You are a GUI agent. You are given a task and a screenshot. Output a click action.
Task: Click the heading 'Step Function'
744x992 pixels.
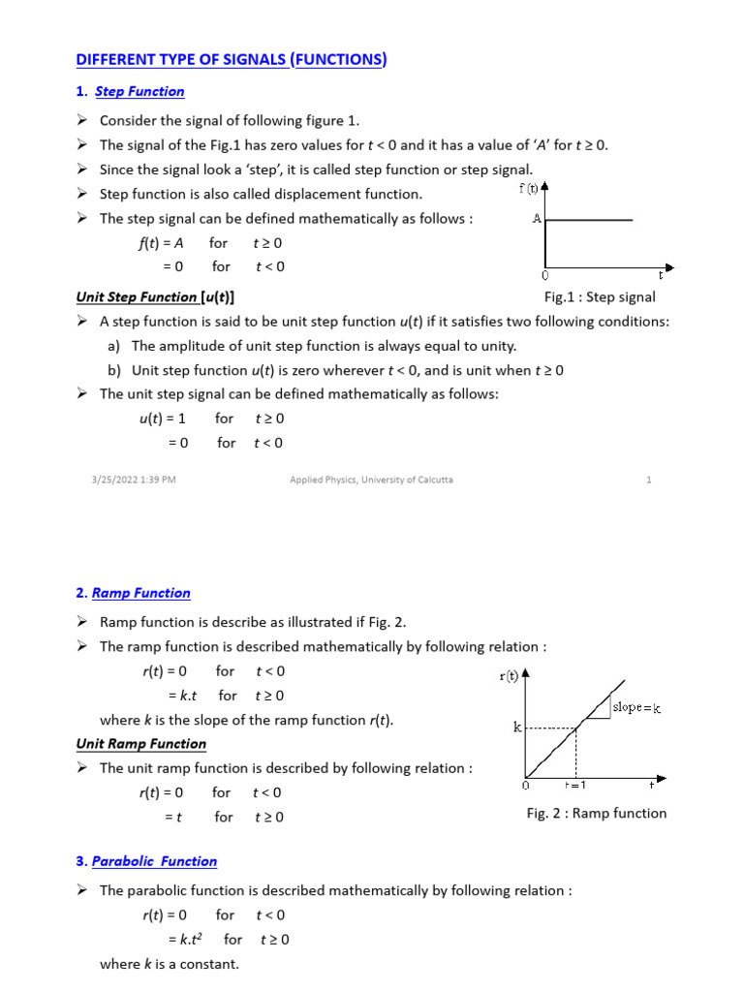coord(139,91)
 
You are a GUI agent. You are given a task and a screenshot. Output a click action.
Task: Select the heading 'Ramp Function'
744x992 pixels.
coord(140,593)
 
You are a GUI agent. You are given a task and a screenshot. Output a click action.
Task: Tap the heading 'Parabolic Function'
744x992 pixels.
coord(154,861)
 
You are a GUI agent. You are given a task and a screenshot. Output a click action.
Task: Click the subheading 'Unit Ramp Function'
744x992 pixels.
coord(141,744)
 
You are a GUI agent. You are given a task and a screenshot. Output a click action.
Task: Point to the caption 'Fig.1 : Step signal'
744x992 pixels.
coord(600,297)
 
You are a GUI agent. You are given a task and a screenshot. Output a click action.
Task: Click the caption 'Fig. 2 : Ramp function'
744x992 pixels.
coord(597,814)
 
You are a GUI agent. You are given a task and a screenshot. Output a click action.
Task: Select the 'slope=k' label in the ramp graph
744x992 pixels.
coord(636,708)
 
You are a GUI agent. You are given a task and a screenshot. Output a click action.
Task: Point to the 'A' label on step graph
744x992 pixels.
coord(537,219)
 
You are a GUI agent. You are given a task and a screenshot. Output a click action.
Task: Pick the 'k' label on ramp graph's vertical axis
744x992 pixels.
coord(517,727)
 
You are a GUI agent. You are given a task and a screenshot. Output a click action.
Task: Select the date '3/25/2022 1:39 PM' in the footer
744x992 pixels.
coord(128,480)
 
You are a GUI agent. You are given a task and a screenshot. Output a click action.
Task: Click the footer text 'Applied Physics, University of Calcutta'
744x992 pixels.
coord(372,480)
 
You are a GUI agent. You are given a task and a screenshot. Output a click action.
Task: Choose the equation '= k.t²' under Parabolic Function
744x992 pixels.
coord(188,940)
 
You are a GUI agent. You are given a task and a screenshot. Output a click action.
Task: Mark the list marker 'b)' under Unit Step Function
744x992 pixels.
coord(114,370)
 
